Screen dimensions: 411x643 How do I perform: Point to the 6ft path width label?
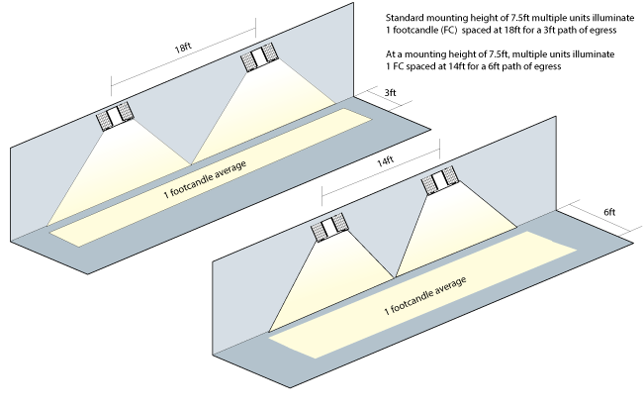(x=609, y=213)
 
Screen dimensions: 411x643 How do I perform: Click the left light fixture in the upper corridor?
(x=116, y=117)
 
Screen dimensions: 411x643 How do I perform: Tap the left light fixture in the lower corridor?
(x=329, y=229)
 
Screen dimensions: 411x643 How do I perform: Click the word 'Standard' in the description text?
(x=403, y=18)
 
